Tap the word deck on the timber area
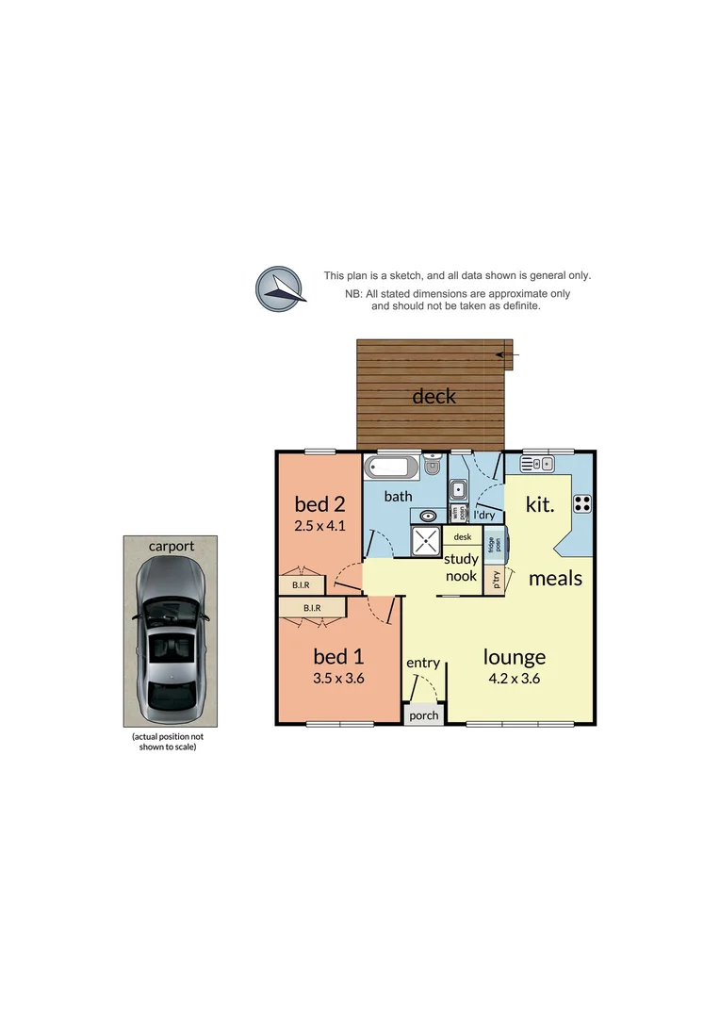click(x=434, y=396)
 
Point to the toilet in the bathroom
click(x=433, y=466)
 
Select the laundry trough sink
click(x=458, y=489)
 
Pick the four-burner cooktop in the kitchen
click(x=581, y=503)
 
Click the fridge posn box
click(x=493, y=545)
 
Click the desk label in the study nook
click(x=462, y=537)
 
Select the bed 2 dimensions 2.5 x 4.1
click(x=320, y=526)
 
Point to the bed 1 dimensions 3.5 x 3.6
click(x=337, y=677)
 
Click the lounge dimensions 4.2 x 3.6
click(x=515, y=678)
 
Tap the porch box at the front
click(x=424, y=715)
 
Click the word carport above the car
click(x=171, y=546)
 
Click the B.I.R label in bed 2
click(x=301, y=585)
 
